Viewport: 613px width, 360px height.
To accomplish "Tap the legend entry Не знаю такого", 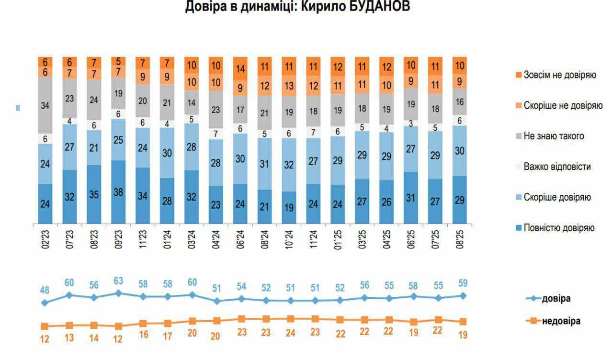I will (x=554, y=136).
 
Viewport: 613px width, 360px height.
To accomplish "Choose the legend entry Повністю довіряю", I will (x=559, y=228).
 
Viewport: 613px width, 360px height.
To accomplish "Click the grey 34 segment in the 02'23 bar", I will (x=45, y=105).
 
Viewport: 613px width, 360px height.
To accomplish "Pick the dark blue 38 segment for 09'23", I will (x=118, y=192).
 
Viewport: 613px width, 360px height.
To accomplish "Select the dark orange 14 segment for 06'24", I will (x=240, y=68).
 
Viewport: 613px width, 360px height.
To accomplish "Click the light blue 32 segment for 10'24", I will (x=289, y=165).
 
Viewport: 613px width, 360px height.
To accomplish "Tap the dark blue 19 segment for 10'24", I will (x=289, y=207).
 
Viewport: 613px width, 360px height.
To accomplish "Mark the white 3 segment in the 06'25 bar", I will (x=410, y=123).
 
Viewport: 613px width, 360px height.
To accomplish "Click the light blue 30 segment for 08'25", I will (x=459, y=150).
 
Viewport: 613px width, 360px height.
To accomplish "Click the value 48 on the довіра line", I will (x=45, y=290).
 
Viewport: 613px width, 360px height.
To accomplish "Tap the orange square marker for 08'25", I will (x=463, y=322).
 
